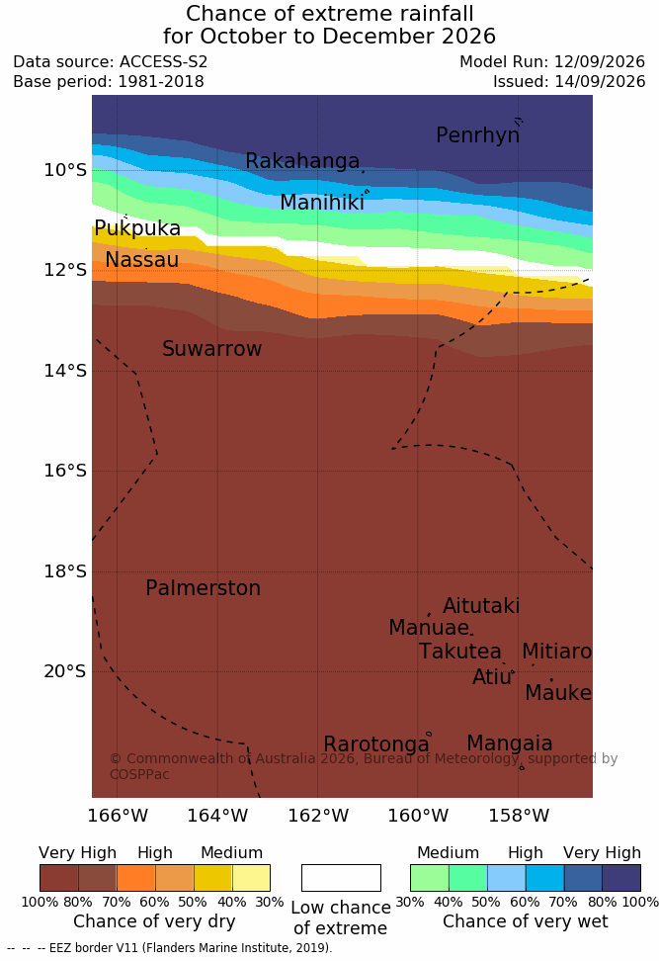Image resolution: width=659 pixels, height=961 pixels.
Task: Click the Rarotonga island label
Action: click(376, 744)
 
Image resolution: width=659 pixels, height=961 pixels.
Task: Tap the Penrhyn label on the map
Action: click(478, 135)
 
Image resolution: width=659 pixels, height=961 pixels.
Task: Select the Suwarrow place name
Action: click(211, 349)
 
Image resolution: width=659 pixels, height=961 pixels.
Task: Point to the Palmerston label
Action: click(204, 587)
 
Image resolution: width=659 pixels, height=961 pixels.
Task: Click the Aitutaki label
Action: click(481, 605)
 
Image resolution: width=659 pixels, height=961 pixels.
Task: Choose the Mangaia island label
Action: click(510, 744)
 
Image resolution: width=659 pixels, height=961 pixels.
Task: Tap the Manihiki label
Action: click(322, 203)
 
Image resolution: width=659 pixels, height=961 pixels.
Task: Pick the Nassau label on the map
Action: click(142, 260)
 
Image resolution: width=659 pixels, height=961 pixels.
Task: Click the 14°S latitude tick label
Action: click(65, 371)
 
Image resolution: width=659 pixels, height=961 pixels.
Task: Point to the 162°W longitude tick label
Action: click(318, 816)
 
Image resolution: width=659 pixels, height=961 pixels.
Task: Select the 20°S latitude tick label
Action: click(65, 671)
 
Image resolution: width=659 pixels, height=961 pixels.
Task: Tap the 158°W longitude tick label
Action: click(519, 816)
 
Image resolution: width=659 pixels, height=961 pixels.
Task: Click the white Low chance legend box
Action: click(341, 878)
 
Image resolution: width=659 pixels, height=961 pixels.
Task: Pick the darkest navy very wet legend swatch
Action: click(621, 878)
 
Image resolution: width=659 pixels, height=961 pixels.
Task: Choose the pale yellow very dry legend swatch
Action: click(251, 878)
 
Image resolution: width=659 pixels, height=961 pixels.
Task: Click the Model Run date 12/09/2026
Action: click(600, 62)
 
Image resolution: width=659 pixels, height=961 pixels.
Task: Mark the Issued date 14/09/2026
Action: click(600, 81)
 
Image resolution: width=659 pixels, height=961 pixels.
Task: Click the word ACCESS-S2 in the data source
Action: click(164, 62)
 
